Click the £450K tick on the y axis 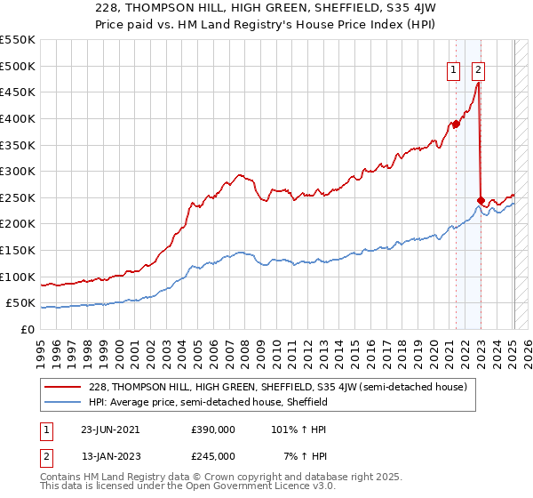(x=18, y=92)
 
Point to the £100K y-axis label (x=18, y=277)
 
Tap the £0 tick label (x=27, y=329)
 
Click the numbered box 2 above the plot (x=478, y=70)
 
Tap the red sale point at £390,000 (x=456, y=124)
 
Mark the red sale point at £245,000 (x=481, y=200)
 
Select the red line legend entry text (x=283, y=387)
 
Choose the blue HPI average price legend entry (x=209, y=402)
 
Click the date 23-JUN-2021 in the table (x=109, y=429)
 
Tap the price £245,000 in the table (x=213, y=455)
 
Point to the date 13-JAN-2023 (x=109, y=455)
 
